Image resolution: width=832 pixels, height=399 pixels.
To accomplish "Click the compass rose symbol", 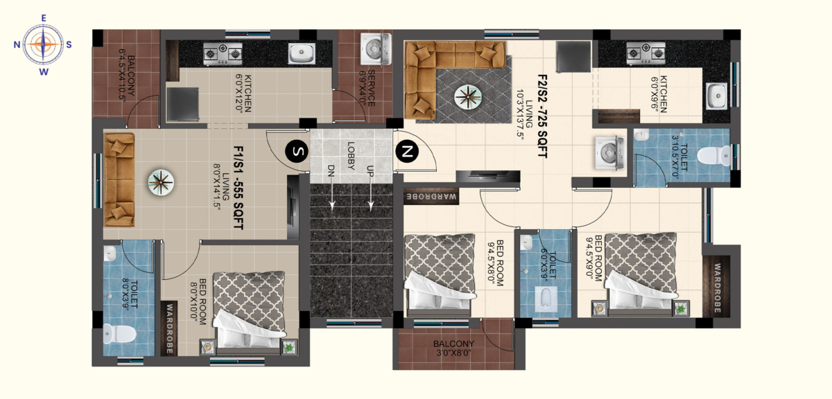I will [x=43, y=44].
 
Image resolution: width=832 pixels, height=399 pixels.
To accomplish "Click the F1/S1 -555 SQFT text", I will [x=238, y=186].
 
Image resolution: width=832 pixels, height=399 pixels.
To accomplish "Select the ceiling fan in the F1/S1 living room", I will [x=161, y=182].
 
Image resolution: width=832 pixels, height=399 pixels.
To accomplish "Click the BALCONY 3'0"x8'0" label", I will [x=453, y=348].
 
